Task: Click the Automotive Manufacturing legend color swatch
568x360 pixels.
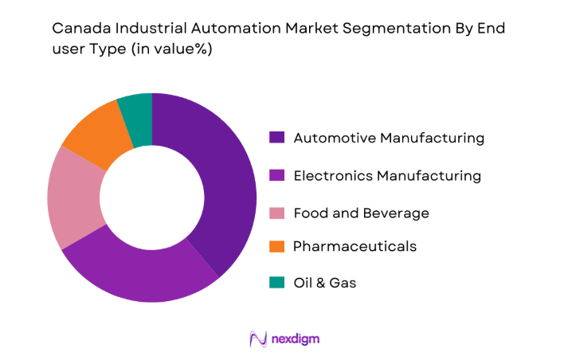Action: coord(276,138)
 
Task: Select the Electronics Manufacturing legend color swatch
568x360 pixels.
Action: coord(276,175)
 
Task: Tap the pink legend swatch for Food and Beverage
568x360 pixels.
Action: coord(276,213)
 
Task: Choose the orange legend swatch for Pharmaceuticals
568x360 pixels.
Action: coord(276,247)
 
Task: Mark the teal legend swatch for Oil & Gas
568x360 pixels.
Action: coord(276,283)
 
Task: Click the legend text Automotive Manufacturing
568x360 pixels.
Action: coord(389,138)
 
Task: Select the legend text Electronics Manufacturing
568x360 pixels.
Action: coord(387,175)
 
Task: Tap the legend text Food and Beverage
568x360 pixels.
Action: coord(361,213)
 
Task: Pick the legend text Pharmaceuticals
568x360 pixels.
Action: coord(355,247)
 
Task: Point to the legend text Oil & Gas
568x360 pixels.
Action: coord(325,283)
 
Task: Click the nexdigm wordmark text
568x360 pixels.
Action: coord(295,339)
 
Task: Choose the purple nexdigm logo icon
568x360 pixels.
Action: coord(257,339)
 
